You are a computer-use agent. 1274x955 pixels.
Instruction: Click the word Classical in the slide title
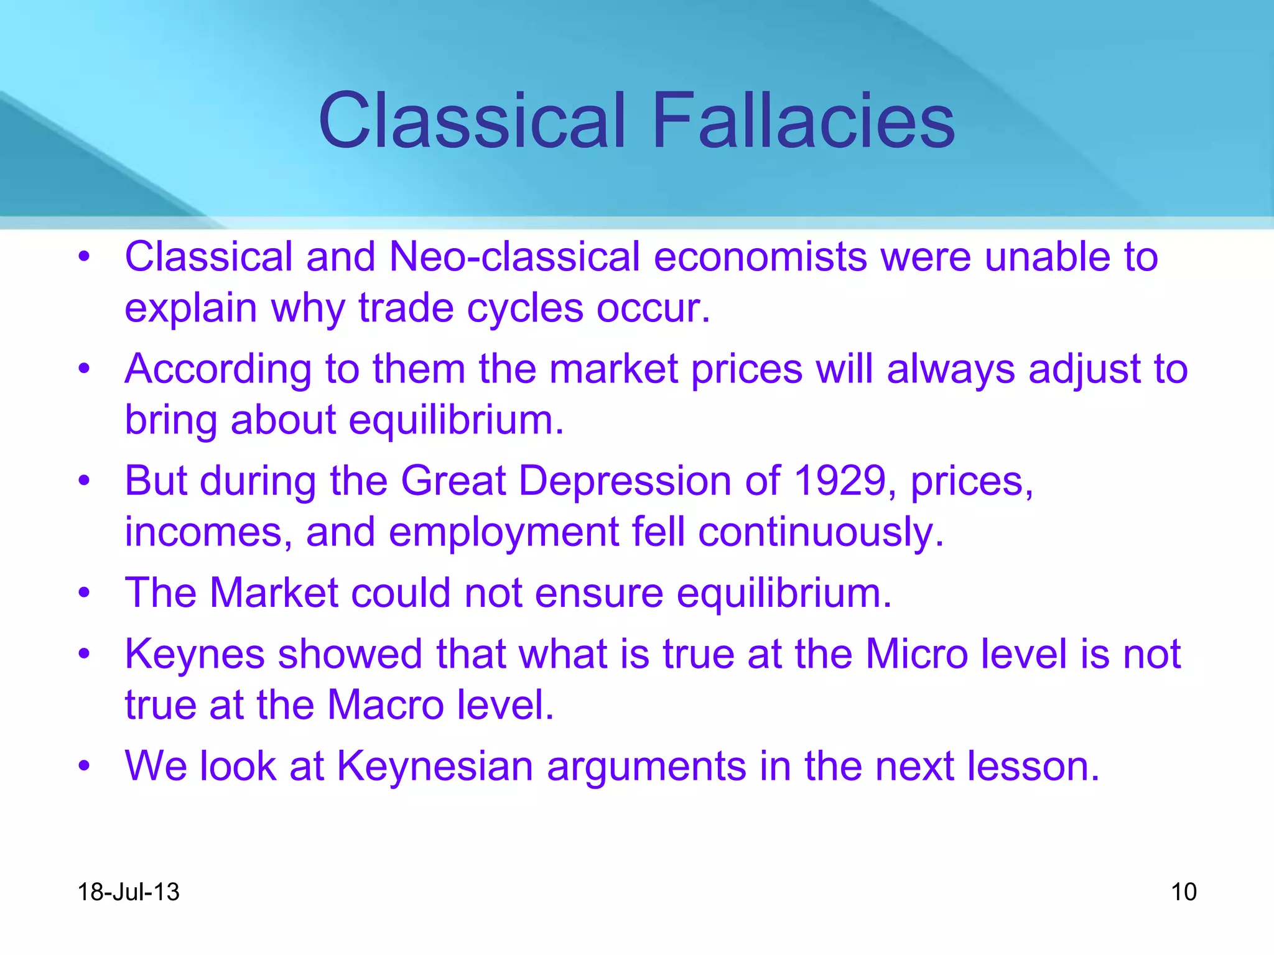471,121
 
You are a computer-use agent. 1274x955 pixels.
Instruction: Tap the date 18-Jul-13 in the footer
128,892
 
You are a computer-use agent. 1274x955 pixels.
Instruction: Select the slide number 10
1183,892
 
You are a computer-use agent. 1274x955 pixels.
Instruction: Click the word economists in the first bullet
760,256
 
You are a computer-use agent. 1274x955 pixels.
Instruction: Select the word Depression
625,481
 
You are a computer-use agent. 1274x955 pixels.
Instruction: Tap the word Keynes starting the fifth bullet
195,654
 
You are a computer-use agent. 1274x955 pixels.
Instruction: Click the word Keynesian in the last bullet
435,765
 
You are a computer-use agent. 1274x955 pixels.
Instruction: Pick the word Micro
917,654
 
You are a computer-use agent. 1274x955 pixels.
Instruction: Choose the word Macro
386,704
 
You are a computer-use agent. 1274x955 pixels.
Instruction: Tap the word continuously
821,532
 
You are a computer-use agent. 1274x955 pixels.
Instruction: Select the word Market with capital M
274,593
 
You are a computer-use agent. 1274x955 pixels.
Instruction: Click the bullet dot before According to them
84,369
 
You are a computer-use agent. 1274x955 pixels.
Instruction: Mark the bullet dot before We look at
84,766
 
